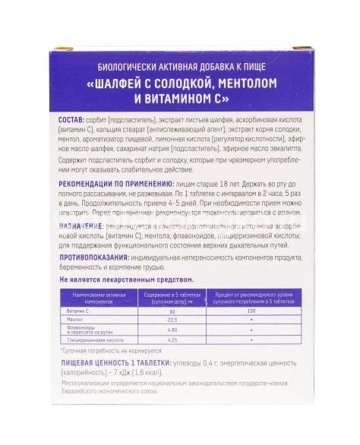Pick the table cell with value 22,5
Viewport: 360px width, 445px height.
coord(171,320)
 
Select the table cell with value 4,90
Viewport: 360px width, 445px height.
coord(171,330)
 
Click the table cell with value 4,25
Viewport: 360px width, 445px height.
coord(171,341)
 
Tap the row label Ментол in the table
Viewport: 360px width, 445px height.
coord(76,320)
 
